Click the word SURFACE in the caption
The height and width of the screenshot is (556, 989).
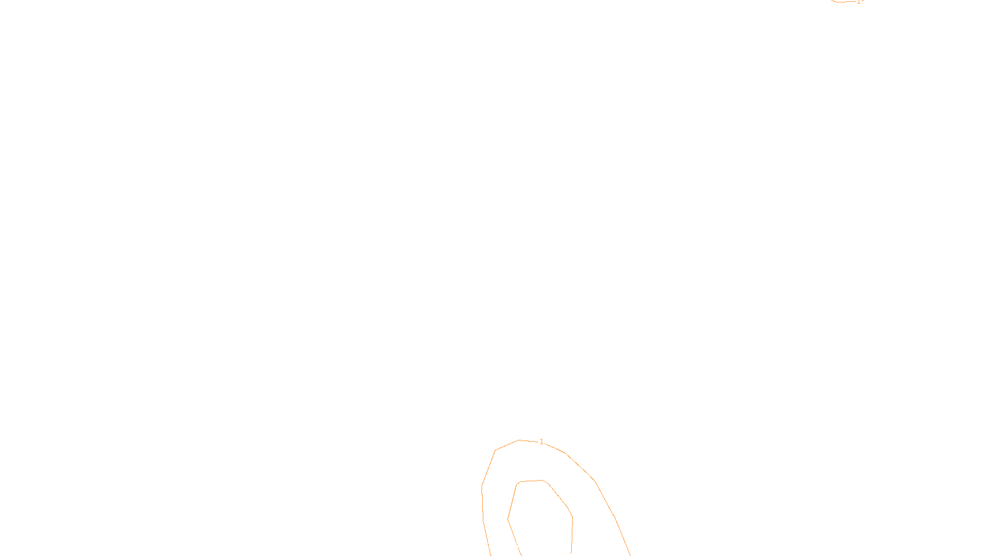[494, 546]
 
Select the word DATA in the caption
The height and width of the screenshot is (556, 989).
[522, 546]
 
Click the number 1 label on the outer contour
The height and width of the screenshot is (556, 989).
[541, 442]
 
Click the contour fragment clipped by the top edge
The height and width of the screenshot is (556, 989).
[844, 2]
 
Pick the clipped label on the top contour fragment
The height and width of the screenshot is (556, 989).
[859, 1]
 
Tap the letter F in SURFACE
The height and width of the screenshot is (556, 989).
[494, 546]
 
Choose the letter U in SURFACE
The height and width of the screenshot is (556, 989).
[486, 546]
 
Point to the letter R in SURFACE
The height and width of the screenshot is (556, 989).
[490, 546]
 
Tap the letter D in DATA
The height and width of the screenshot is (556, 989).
[516, 546]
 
